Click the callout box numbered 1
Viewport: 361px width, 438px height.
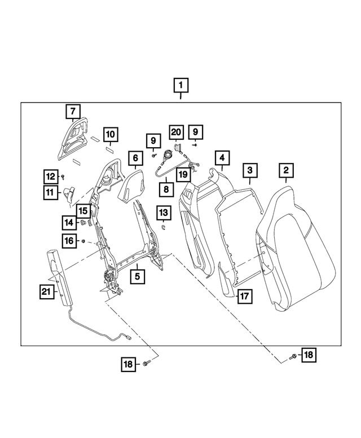tap(180, 86)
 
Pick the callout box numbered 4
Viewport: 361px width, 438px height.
tap(222, 158)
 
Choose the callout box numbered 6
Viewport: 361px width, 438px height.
tap(135, 158)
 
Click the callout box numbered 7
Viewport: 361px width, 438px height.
tap(73, 112)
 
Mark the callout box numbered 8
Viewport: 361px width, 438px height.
tap(166, 190)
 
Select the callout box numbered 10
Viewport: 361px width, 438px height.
tap(110, 135)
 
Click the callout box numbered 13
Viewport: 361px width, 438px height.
tap(163, 213)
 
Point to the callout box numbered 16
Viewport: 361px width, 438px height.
tap(68, 241)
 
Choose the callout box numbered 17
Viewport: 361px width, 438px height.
tap(243, 295)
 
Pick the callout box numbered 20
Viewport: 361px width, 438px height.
tap(177, 132)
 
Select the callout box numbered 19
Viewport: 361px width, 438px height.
tap(183, 174)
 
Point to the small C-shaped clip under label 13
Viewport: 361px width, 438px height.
tap(163, 227)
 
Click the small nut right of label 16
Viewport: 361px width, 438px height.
tap(83, 241)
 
